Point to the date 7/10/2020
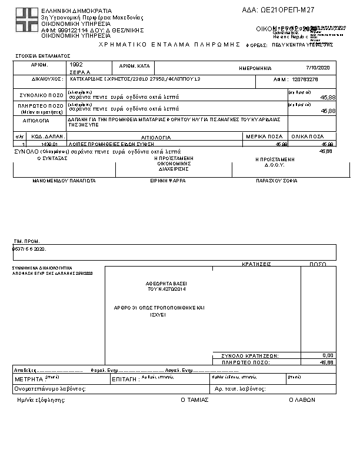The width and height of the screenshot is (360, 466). [321, 68]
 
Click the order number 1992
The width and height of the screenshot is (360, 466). [76, 64]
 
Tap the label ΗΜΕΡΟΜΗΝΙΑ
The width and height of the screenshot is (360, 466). [255, 68]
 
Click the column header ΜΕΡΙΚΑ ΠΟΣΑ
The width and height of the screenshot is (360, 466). [264, 136]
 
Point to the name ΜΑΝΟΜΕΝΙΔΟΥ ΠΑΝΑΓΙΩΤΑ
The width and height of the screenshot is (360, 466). [64, 181]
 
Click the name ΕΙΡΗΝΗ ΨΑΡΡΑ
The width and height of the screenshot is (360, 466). [168, 181]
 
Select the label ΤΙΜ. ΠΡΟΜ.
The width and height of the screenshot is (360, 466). [27, 242]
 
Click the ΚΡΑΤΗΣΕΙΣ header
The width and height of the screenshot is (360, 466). [256, 265]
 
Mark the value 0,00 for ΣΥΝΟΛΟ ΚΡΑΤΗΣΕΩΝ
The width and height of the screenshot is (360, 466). [328, 355]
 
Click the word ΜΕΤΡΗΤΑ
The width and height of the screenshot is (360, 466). [29, 380]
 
